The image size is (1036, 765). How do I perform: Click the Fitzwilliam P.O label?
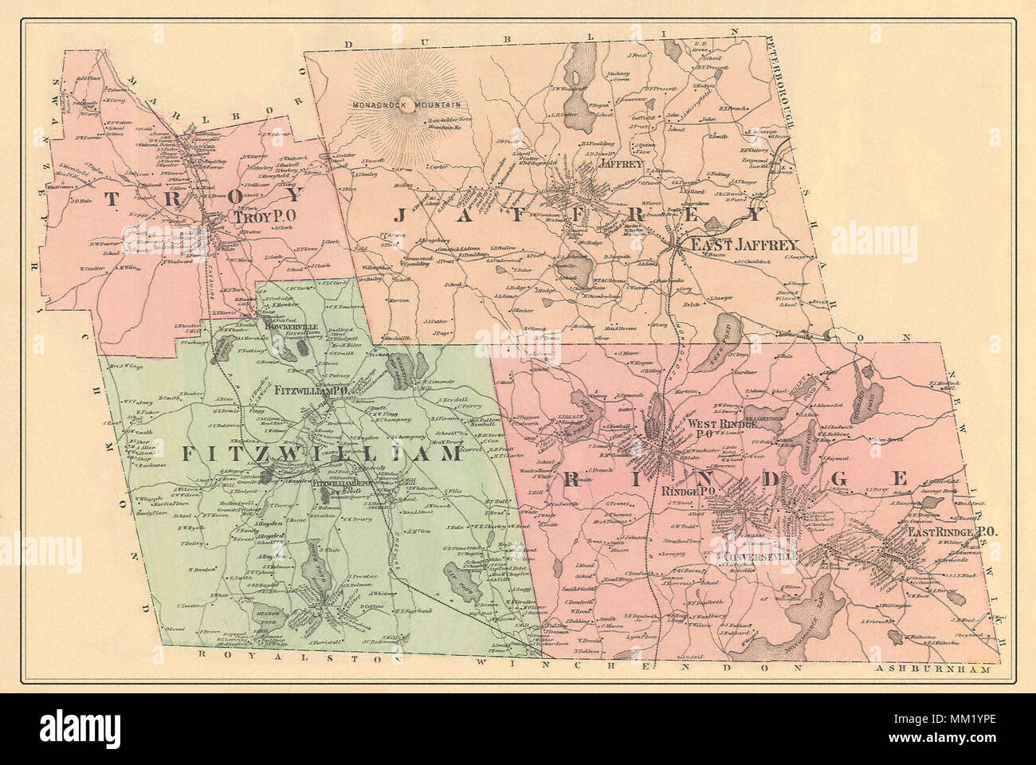pyautogui.click(x=310, y=392)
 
